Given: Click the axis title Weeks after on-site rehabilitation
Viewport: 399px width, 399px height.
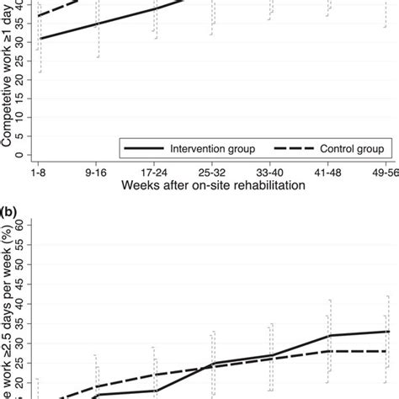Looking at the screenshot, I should [212, 184].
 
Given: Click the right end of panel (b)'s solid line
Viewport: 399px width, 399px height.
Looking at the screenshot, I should [386, 332].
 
